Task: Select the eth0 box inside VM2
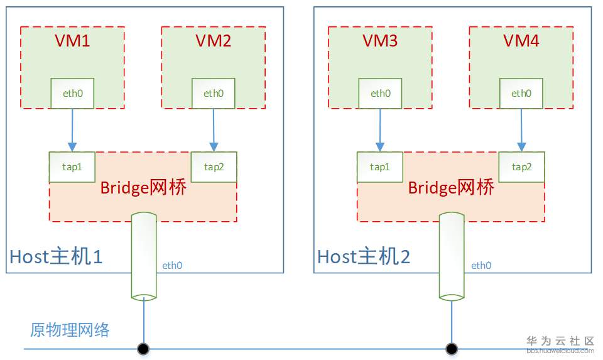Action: (x=213, y=94)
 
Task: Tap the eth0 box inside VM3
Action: (x=380, y=94)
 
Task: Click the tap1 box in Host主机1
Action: (x=72, y=167)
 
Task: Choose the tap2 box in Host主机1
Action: (x=214, y=167)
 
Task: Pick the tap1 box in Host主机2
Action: (x=380, y=167)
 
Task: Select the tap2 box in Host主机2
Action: (x=521, y=167)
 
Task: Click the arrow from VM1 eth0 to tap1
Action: (x=72, y=130)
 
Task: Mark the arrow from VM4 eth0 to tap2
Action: (x=521, y=130)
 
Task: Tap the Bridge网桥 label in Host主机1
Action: (x=143, y=187)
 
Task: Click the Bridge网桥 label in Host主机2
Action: (x=451, y=187)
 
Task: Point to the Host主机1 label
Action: (x=56, y=256)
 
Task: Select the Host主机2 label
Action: (x=364, y=256)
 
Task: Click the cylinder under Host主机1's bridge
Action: (x=144, y=256)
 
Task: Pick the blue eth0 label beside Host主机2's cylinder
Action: (x=481, y=266)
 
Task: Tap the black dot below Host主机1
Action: (x=144, y=348)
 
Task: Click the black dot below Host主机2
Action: (x=450, y=348)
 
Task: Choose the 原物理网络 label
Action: (x=70, y=330)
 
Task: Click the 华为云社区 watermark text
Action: (x=560, y=341)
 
